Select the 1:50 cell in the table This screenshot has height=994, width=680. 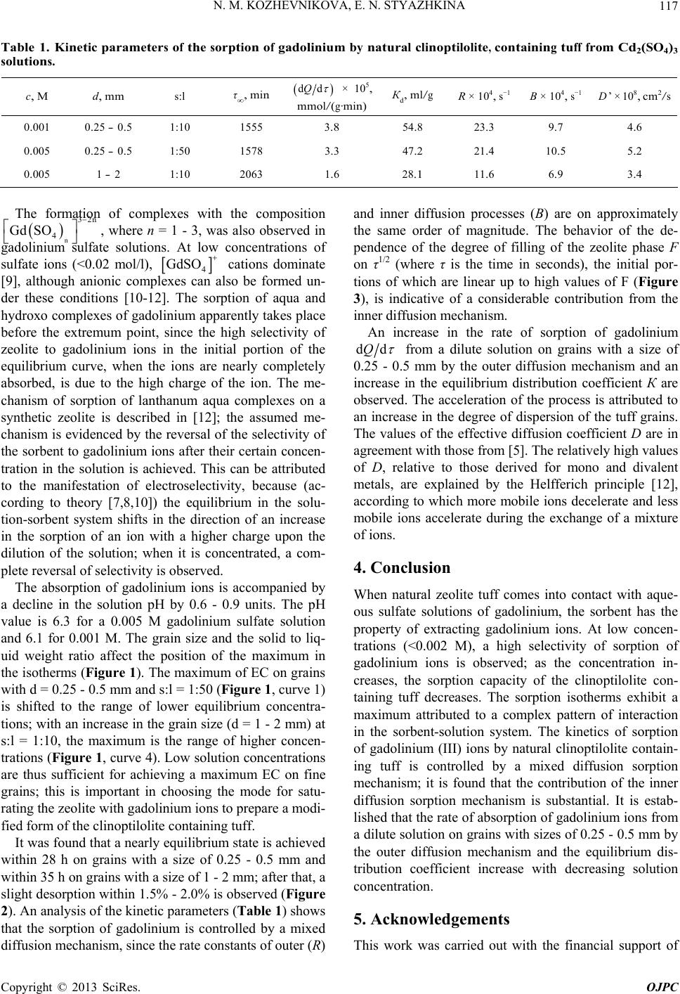point(178,151)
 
